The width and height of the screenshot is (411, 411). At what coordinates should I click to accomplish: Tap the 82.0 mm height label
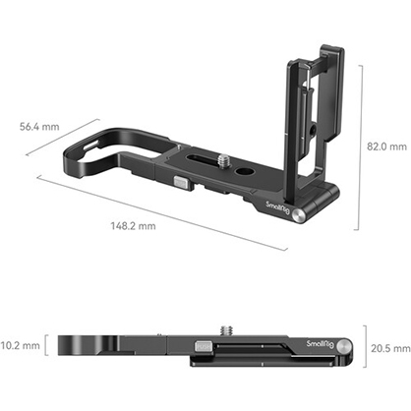pyautogui.click(x=386, y=146)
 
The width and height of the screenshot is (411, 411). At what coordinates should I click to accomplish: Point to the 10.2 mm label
pyautogui.click(x=21, y=345)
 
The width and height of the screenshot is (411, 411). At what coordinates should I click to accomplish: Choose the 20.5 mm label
pyautogui.click(x=390, y=347)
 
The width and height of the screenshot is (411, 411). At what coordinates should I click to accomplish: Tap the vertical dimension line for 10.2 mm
pyautogui.click(x=46, y=345)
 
